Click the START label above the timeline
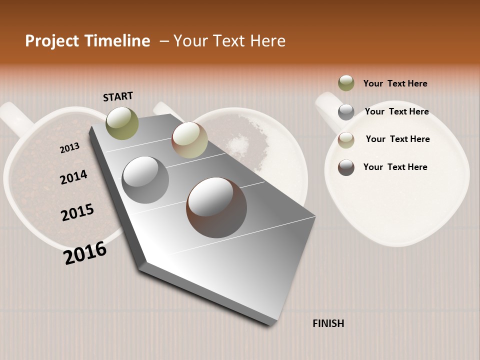118,96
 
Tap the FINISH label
328,323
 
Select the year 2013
69,148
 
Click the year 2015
77,212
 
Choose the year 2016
85,252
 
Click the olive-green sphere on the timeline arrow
122,123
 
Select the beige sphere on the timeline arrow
189,140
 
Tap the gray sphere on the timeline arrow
145,180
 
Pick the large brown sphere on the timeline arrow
216,207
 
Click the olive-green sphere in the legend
346,83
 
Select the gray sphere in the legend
346,112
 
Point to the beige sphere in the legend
346,140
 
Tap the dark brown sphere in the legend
346,167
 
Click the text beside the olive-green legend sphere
395,83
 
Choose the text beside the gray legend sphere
396,111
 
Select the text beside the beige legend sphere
397,139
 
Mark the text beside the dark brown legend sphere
395,167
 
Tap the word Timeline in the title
117,41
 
